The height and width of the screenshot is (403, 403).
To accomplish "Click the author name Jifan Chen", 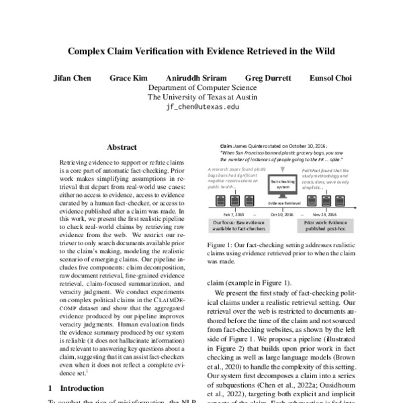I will click(73, 78).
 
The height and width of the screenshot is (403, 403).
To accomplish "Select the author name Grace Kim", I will click(128, 78).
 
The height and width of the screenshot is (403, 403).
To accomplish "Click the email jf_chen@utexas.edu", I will click(201, 107).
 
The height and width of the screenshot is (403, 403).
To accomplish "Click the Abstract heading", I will click(122, 147).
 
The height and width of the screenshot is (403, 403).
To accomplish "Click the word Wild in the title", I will click(321, 50).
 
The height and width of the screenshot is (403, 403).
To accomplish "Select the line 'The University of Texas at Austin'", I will click(201, 97).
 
